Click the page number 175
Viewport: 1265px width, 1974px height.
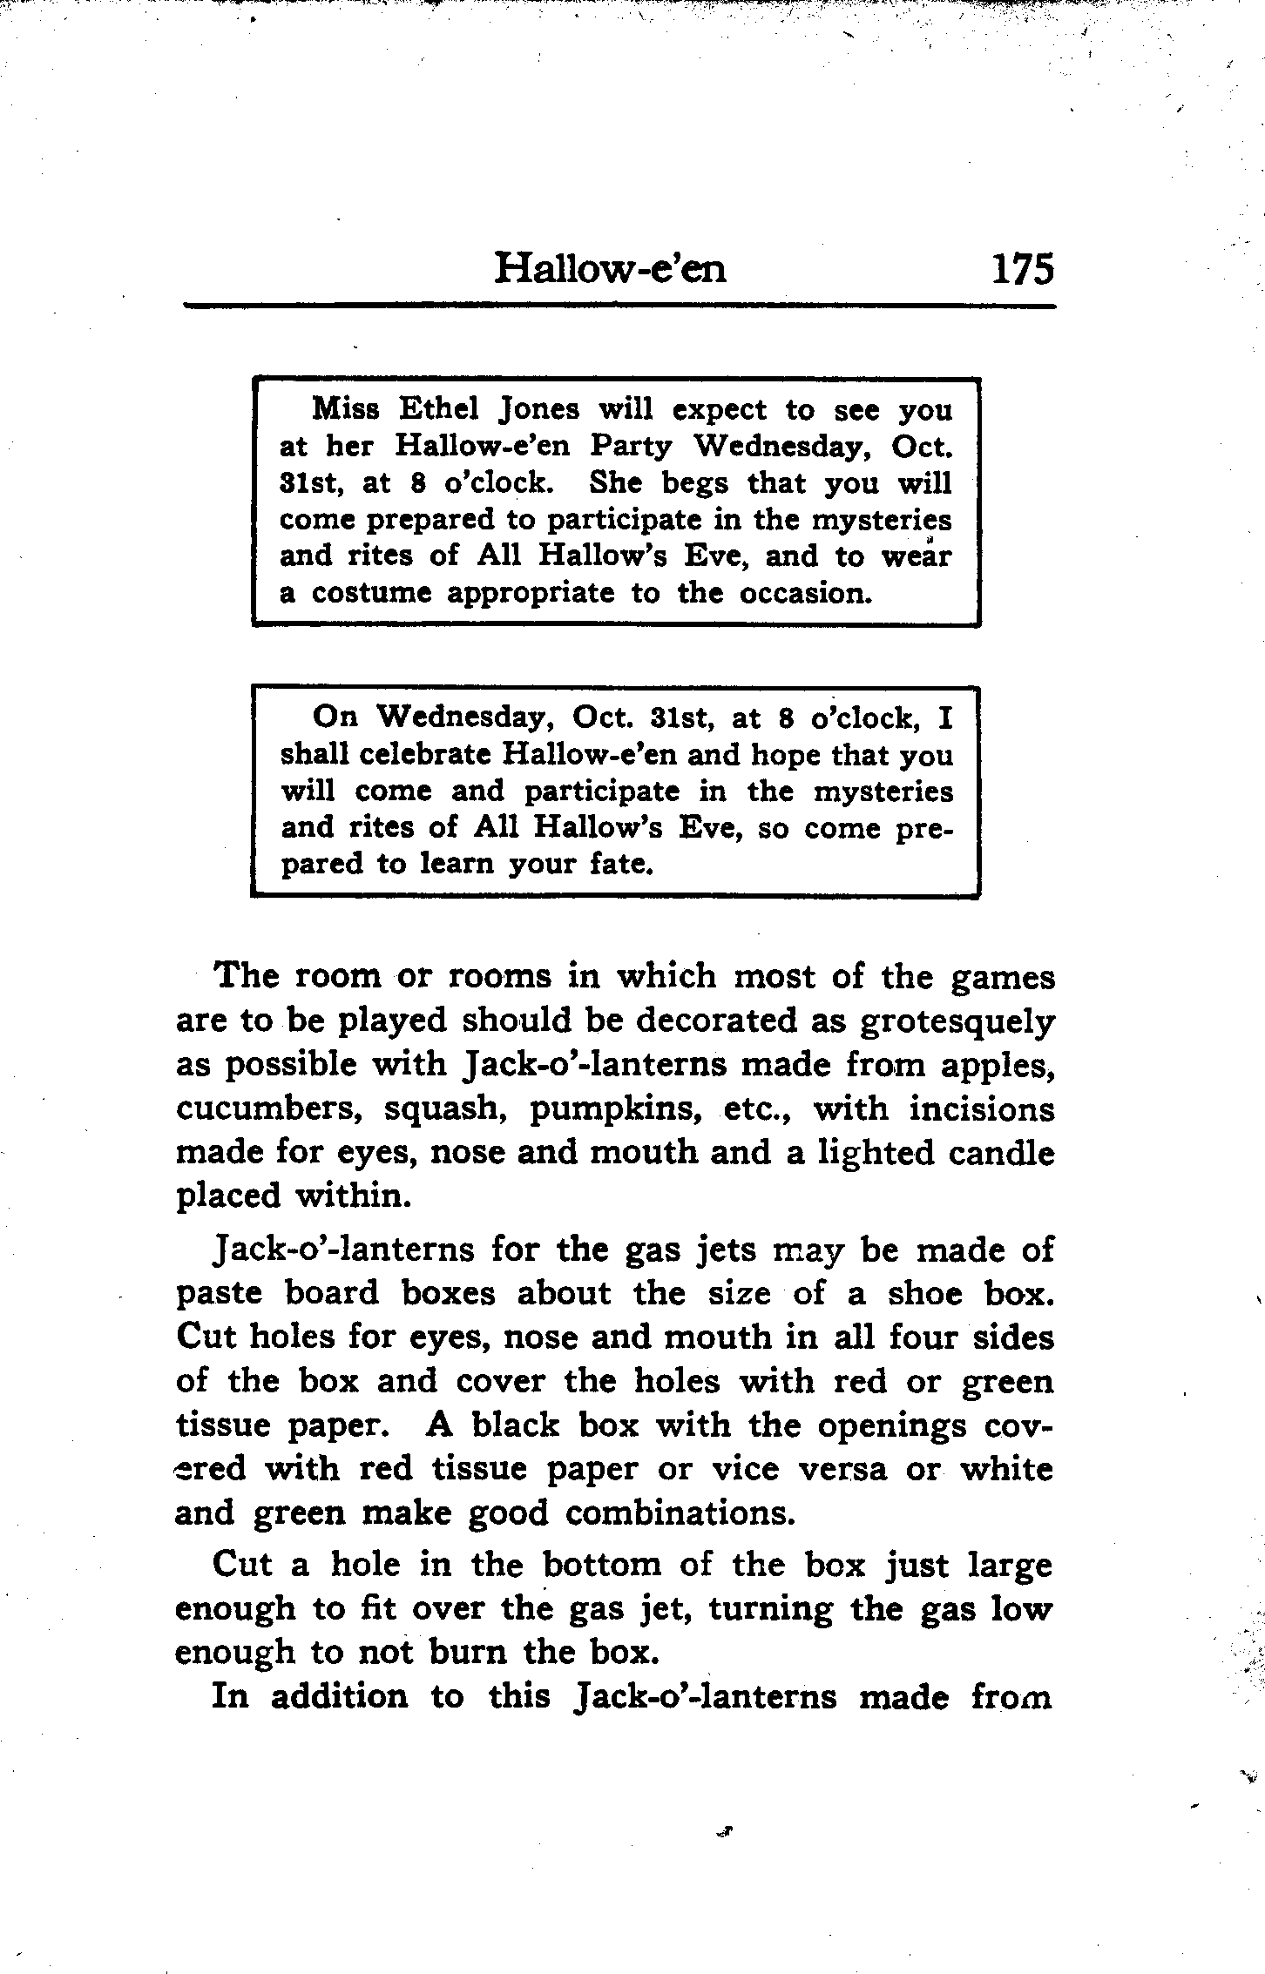coord(1021,268)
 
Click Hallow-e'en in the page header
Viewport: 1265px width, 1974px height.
coord(610,268)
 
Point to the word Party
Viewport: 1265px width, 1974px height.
coord(631,447)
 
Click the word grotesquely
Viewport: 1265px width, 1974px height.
coord(957,1021)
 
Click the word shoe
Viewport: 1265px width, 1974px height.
coord(924,1294)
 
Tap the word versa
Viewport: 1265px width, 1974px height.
coord(842,1470)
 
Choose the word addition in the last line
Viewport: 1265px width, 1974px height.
coord(339,1697)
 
